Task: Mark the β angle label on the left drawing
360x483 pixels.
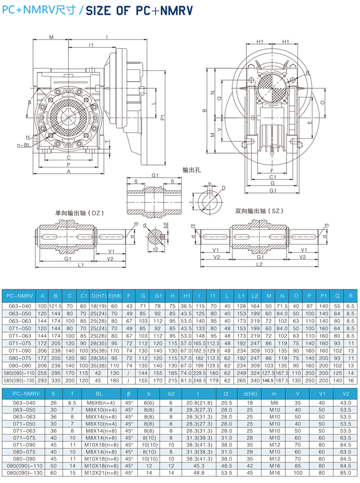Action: pyautogui.click(x=30, y=103)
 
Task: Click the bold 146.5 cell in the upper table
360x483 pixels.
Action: pyautogui.click(x=268, y=381)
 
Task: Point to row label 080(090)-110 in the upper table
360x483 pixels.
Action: pyautogui.click(x=20, y=374)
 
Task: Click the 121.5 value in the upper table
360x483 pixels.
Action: pyautogui.click(x=55, y=306)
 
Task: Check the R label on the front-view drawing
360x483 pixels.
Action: pyautogui.click(x=308, y=73)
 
